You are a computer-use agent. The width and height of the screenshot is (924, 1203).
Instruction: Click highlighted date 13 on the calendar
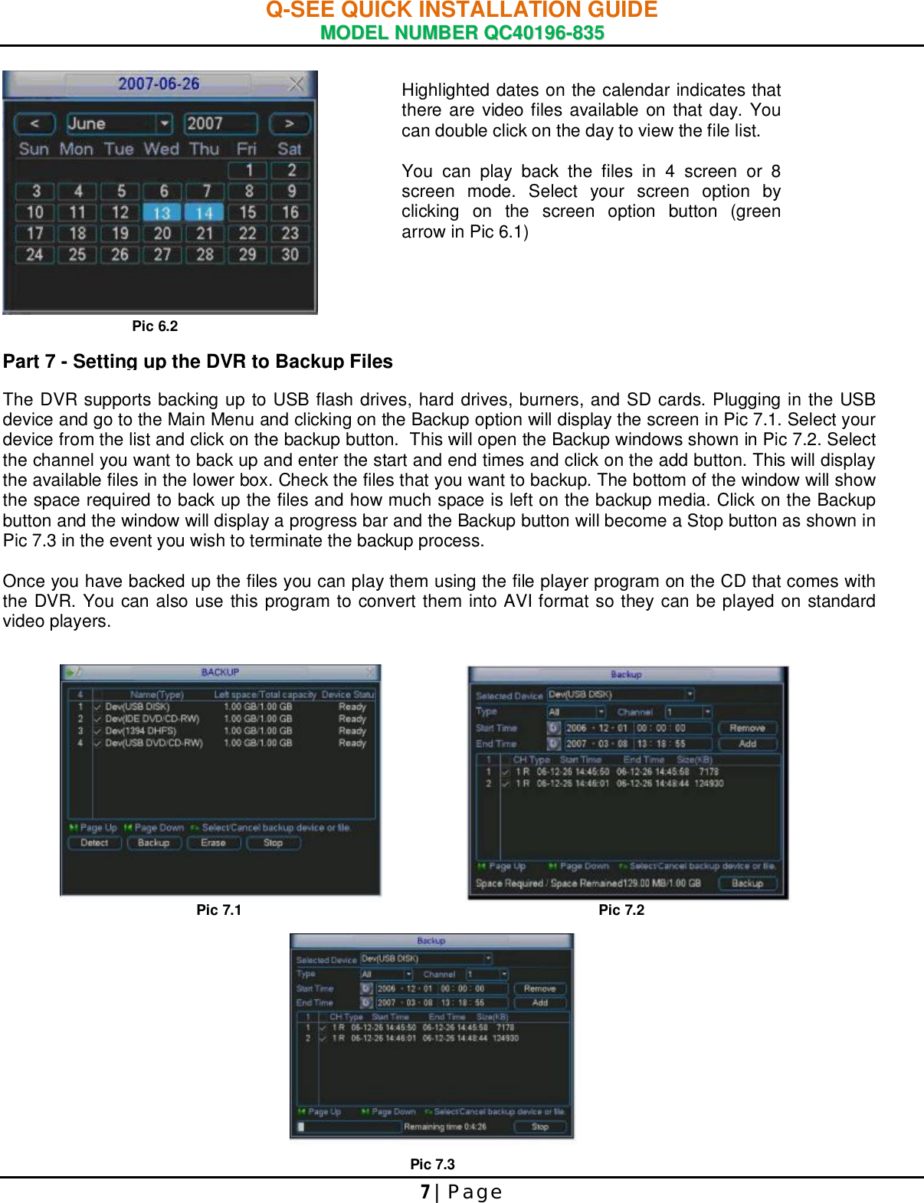tap(162, 212)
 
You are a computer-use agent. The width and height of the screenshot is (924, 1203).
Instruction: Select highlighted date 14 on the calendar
tap(204, 212)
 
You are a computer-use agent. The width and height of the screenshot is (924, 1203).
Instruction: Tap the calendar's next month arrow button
tap(289, 123)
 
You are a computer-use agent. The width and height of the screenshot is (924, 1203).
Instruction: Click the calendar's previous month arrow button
tap(34, 123)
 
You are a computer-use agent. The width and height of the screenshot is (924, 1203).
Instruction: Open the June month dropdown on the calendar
tap(165, 123)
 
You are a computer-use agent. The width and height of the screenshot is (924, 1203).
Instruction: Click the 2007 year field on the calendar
tap(220, 123)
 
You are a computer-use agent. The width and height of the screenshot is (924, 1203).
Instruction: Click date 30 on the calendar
tap(290, 254)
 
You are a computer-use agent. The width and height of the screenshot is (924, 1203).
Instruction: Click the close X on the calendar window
tap(296, 84)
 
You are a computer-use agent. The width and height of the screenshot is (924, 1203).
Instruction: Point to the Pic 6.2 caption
tap(155, 326)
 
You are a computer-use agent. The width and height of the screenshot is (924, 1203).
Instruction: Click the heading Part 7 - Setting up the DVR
tap(198, 362)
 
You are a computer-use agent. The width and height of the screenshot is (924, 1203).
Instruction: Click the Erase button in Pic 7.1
tap(213, 843)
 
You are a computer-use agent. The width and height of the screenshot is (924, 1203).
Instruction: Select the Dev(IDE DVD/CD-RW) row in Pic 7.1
tap(152, 719)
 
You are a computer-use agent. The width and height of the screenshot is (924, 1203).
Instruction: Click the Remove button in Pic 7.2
tap(747, 728)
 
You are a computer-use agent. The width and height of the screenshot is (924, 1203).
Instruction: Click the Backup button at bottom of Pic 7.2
tap(747, 883)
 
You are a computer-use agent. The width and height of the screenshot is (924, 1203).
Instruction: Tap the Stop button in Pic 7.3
tap(540, 1126)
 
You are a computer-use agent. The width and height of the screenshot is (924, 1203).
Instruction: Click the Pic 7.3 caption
tap(432, 1164)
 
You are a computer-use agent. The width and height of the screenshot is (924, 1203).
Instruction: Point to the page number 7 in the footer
tap(425, 1192)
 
